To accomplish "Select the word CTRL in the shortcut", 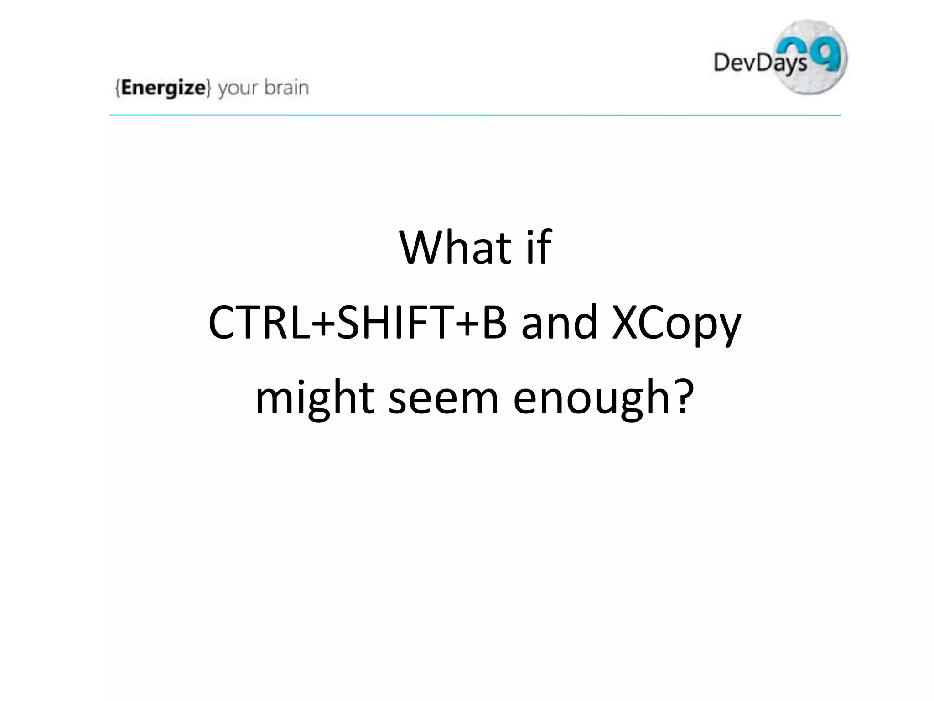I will click(258, 323).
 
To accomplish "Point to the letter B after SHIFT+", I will click(494, 323).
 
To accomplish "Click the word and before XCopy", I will click(559, 323).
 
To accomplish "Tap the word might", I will click(315, 398).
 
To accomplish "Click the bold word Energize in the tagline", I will click(163, 88).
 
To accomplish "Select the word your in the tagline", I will click(237, 89).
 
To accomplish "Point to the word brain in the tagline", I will click(286, 87).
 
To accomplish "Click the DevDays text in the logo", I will click(759, 63).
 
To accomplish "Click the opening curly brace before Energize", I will click(118, 88).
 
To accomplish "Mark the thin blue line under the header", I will click(474, 115).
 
